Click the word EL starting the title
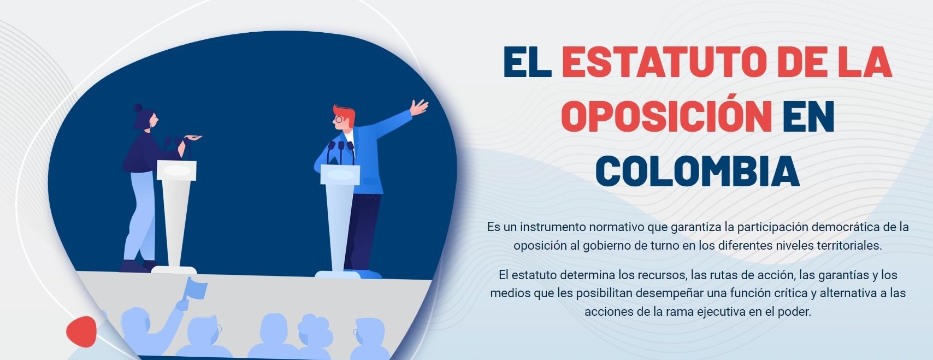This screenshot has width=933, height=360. [x=527, y=62]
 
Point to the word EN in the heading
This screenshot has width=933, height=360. [x=808, y=116]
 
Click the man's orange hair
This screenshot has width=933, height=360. [x=345, y=115]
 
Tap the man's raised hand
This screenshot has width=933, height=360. [x=418, y=107]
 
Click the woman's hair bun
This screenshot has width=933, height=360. [x=138, y=108]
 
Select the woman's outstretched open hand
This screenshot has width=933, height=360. [x=193, y=138]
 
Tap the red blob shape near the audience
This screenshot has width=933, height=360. [x=81, y=332]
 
